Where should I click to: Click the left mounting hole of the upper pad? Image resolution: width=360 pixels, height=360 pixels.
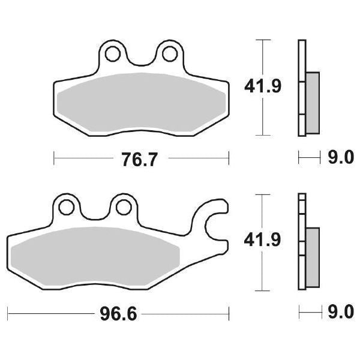coord(111,53)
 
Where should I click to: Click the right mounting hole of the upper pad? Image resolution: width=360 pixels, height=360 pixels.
coord(166,53)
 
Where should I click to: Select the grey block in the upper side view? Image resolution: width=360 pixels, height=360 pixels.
coord(313,102)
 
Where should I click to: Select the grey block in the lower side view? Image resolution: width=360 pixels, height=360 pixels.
coord(313,255)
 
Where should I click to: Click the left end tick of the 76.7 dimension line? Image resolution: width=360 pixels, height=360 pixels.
coord(54,158)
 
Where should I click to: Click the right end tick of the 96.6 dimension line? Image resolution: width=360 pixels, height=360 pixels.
coord(229,313)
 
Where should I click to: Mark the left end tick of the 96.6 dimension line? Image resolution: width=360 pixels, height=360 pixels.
coord(8,313)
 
